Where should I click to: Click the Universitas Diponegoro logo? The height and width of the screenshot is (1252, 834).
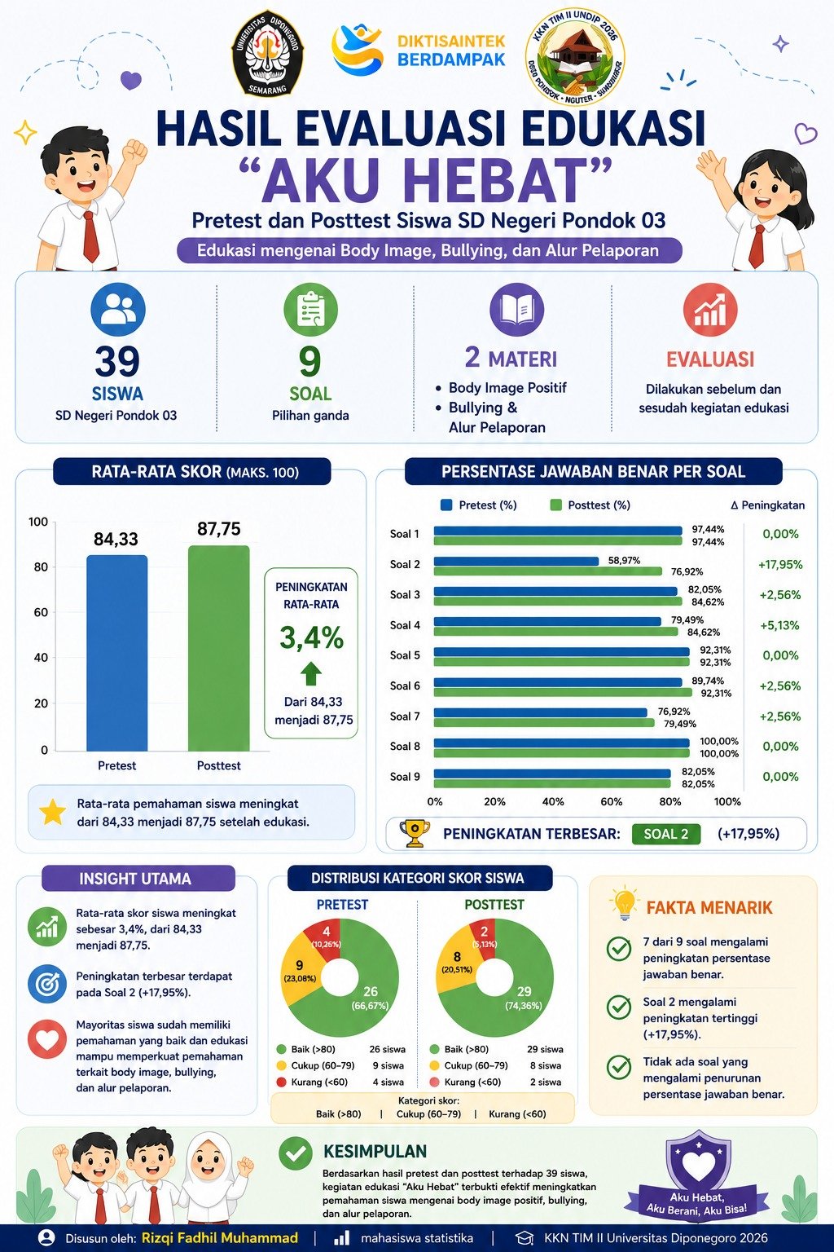pos(267,52)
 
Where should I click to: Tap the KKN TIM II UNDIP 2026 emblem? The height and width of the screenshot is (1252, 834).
pos(575,56)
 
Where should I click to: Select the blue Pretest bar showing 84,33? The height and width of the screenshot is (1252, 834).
pos(116,653)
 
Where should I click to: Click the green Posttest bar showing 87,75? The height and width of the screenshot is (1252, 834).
pos(218,648)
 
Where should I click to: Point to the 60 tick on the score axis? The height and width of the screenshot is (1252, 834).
pos(41,612)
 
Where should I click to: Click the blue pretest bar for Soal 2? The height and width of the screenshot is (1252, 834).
pos(516,561)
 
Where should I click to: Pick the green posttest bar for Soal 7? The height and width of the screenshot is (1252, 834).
pos(544,723)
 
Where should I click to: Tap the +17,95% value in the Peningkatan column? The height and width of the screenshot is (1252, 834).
pos(779,565)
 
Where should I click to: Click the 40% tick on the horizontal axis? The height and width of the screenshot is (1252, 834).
pos(553,801)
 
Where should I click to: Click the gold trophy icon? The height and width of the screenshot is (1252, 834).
pos(415,833)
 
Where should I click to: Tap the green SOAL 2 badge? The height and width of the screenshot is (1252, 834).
pos(666,834)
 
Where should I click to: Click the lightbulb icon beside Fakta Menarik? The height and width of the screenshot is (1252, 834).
pos(625,904)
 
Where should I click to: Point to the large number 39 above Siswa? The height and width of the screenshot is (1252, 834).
pos(116,362)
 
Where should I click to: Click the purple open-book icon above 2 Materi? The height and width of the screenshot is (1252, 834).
pos(516,310)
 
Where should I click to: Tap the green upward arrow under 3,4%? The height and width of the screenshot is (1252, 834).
pos(311,673)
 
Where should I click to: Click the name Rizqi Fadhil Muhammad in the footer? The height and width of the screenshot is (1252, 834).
pos(220,1237)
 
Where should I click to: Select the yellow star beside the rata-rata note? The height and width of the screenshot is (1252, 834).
pos(52,812)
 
